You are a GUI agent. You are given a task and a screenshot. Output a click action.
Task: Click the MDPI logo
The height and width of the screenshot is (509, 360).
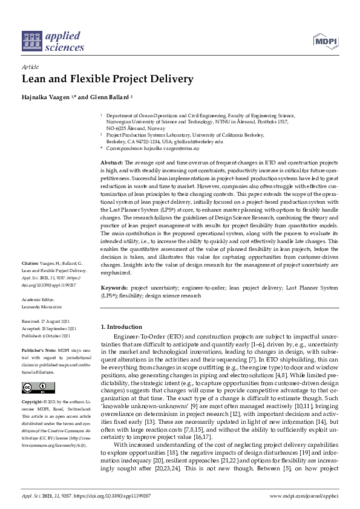point(324,41)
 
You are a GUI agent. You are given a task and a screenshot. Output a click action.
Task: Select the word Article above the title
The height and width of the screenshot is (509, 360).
point(30,68)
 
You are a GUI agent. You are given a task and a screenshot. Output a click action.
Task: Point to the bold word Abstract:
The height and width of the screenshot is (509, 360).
point(111,163)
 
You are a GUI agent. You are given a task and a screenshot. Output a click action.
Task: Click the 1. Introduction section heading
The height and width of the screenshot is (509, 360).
point(123,326)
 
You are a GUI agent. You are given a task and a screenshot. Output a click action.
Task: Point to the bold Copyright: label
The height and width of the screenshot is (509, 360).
point(33,401)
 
